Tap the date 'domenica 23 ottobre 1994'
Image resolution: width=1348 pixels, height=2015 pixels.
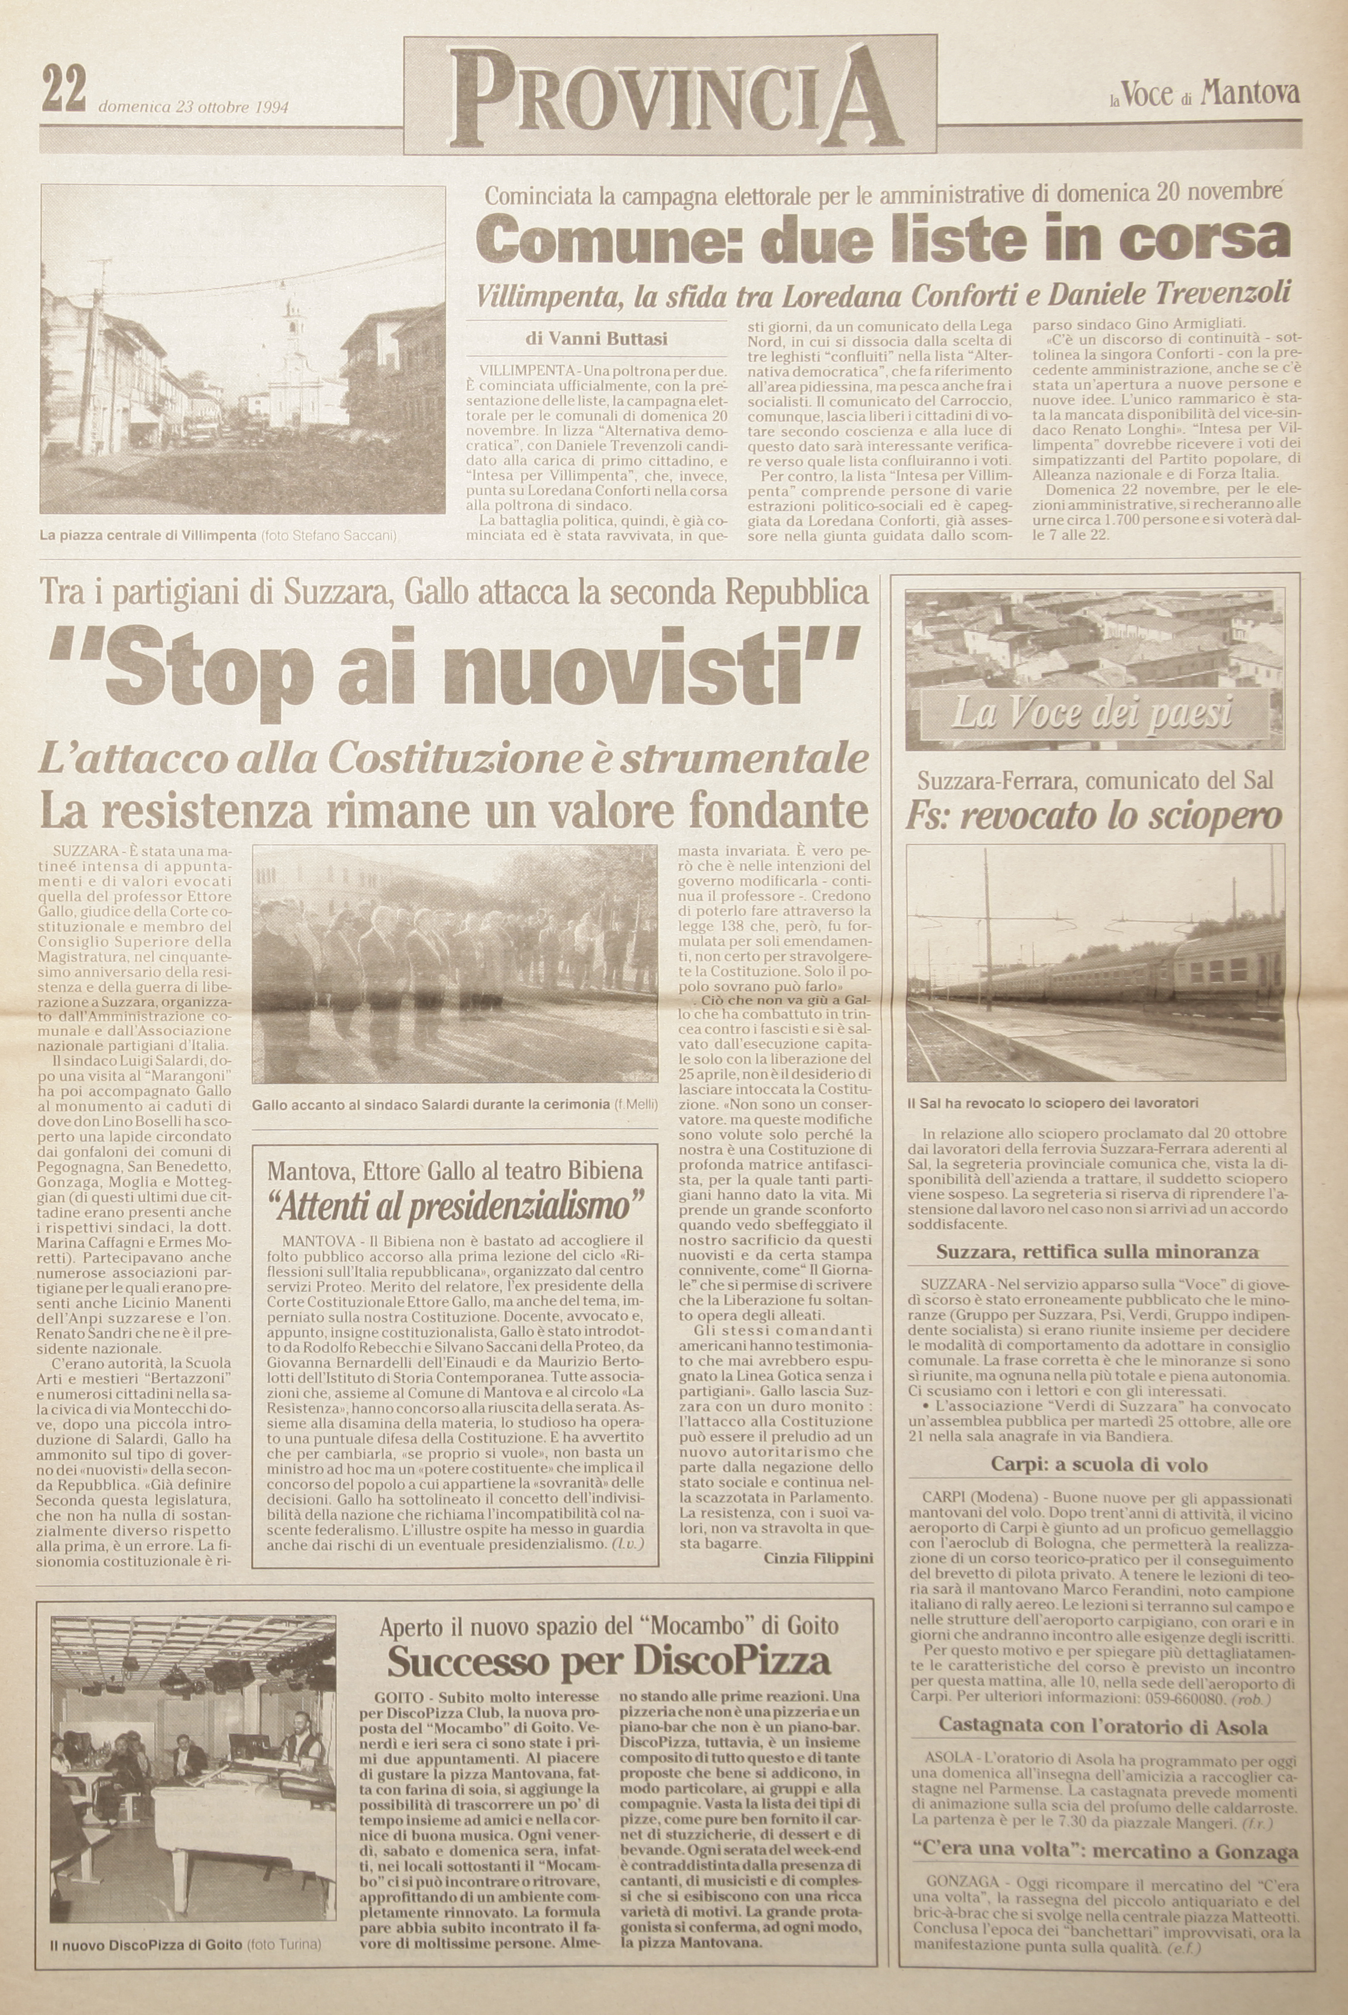[x=194, y=109]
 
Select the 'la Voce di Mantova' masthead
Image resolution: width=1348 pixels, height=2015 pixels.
[x=1203, y=95]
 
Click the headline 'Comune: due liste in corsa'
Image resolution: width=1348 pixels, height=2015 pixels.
[x=883, y=238]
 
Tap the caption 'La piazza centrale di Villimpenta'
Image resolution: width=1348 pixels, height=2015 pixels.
[x=148, y=535]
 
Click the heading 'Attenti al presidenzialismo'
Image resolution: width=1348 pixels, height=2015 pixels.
[x=456, y=1207]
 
